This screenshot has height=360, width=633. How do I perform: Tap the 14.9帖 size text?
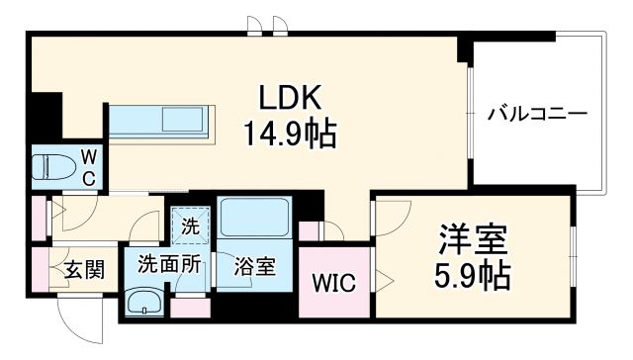[290, 132]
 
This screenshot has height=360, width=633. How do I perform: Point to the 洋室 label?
[473, 240]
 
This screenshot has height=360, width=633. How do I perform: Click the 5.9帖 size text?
[473, 275]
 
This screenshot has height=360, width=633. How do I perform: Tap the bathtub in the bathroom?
[254, 217]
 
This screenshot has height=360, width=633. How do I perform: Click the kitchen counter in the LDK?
[159, 121]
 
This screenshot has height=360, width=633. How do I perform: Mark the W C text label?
[88, 166]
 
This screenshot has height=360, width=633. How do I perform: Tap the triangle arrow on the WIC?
[367, 283]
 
